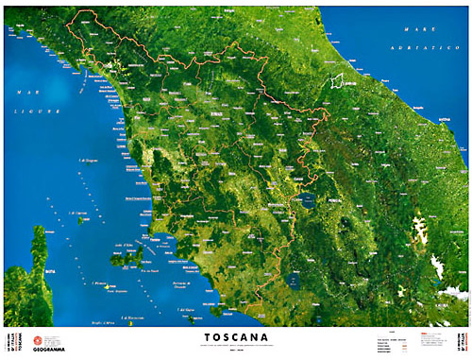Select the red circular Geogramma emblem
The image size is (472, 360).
[39, 340]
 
